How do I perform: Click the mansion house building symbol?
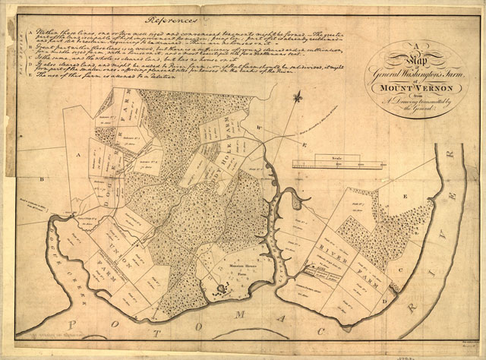click(x=222, y=287)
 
